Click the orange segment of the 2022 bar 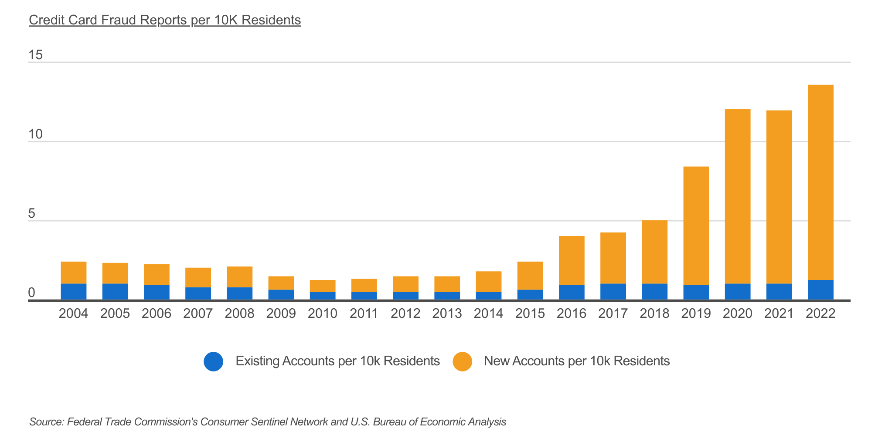pyautogui.click(x=820, y=183)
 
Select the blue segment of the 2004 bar pyautogui.click(x=74, y=291)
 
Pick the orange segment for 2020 pyautogui.click(x=738, y=196)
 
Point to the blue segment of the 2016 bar pyautogui.click(x=572, y=292)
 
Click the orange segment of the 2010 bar pyautogui.click(x=323, y=286)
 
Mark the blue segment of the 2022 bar pyautogui.click(x=820, y=290)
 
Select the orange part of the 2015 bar pyautogui.click(x=530, y=276)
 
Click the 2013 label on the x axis pyautogui.click(x=447, y=314)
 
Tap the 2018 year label pyautogui.click(x=654, y=314)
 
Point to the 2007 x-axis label pyautogui.click(x=198, y=314)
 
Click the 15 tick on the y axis pyautogui.click(x=36, y=55)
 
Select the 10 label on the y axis pyautogui.click(x=36, y=134)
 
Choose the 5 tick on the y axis pyautogui.click(x=31, y=213)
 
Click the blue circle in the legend pyautogui.click(x=213, y=361)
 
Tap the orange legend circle pyautogui.click(x=462, y=361)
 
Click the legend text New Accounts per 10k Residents pyautogui.click(x=576, y=361)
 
